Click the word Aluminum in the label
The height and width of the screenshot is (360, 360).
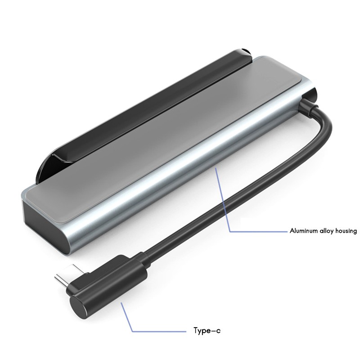[x=304, y=231]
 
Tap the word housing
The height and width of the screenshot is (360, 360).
[x=346, y=231]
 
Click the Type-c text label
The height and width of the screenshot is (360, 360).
[x=207, y=331]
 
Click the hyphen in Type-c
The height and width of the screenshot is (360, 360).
[x=213, y=331]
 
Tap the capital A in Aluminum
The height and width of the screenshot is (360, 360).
[x=292, y=231]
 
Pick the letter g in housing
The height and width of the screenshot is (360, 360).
[x=355, y=232]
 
